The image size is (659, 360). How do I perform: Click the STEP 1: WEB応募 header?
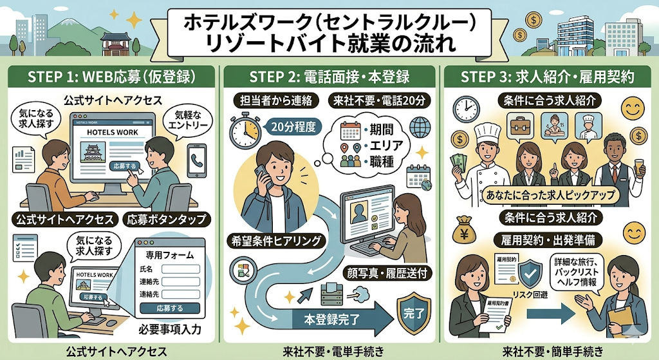tap(110, 77)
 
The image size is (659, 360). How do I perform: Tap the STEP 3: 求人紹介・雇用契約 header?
tap(548, 77)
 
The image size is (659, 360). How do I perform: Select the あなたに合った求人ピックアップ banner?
tap(548, 194)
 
